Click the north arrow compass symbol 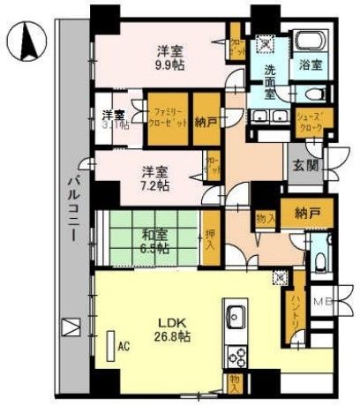tap(26, 41)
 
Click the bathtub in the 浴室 tap(309, 41)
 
